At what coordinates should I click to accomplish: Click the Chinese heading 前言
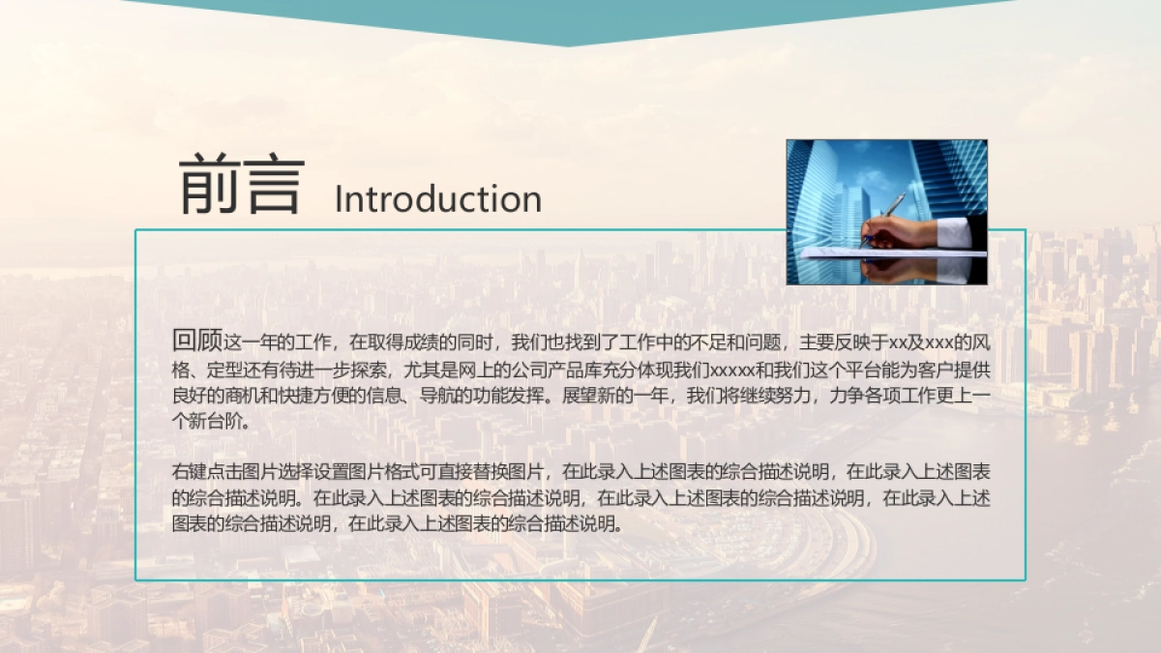click(241, 184)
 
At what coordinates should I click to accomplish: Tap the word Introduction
click(437, 198)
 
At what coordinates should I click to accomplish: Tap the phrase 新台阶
click(215, 422)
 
